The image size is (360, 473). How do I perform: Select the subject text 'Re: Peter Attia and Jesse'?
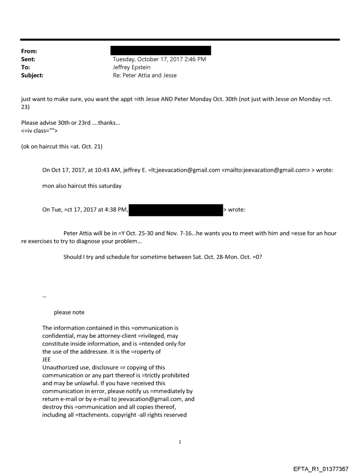(145, 75)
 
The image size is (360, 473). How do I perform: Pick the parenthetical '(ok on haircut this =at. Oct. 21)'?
(62, 146)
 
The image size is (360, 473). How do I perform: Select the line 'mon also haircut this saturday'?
(82, 186)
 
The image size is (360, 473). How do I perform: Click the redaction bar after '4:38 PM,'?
(176, 210)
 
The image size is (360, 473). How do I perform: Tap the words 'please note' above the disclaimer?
(69, 313)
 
